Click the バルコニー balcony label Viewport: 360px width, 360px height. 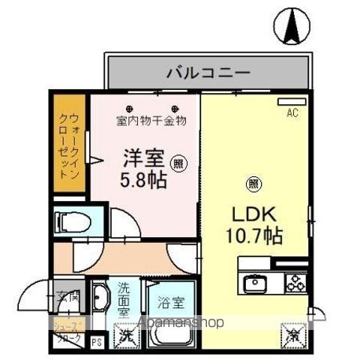click(208, 73)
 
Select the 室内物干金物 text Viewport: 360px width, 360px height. click(151, 120)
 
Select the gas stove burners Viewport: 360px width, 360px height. click(295, 283)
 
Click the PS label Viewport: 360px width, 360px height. click(96, 343)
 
